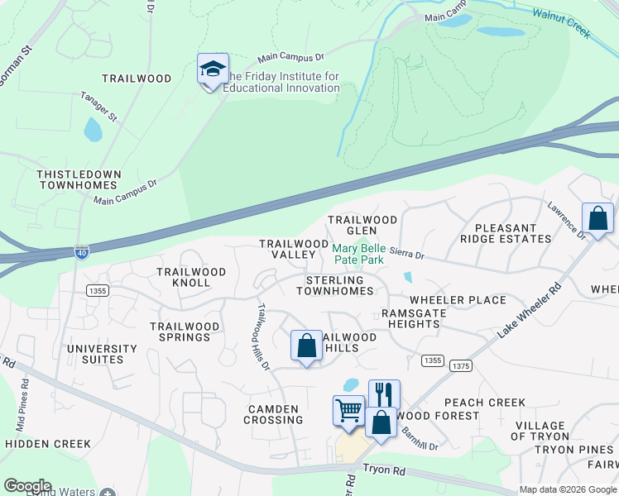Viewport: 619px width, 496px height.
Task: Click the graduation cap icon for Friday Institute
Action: (213, 69)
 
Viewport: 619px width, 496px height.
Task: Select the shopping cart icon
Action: (348, 410)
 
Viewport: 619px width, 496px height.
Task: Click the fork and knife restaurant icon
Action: (384, 393)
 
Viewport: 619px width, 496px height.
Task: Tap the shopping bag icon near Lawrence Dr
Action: (597, 218)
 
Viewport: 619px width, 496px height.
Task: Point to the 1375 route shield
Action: (460, 365)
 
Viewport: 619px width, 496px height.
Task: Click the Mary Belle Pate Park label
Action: (358, 254)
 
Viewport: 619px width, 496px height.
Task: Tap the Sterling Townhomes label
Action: (335, 286)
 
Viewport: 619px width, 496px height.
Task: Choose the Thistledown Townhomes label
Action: (79, 180)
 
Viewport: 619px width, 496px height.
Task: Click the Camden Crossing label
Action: (273, 414)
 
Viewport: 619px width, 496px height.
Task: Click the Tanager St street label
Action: (122, 107)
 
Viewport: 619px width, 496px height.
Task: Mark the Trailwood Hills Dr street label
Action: (262, 337)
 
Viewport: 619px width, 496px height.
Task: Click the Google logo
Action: (27, 486)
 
